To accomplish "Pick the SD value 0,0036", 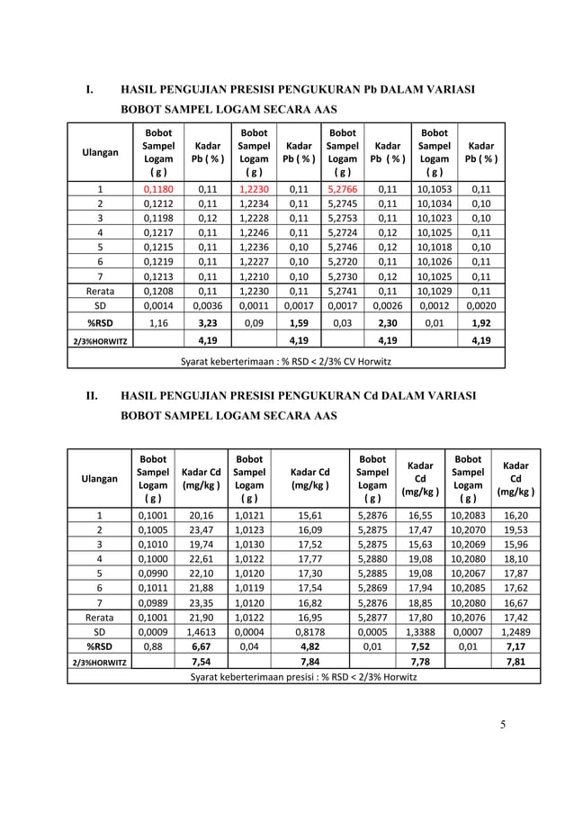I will (x=208, y=305).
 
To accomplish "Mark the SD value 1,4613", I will (x=202, y=633).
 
